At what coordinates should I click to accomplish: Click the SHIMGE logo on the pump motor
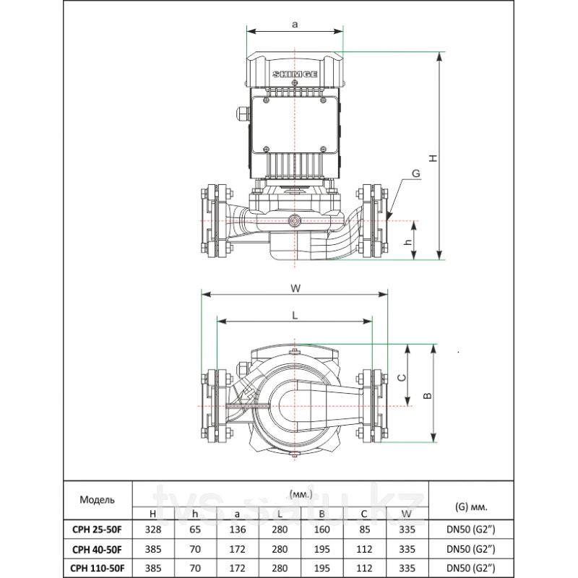295,74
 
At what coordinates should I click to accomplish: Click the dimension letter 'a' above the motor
295,25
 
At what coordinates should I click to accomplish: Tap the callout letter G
416,173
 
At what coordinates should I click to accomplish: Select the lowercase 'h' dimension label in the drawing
407,242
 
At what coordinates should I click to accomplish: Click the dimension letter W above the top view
296,288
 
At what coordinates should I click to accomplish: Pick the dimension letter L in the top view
295,316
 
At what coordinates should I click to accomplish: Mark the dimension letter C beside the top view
402,377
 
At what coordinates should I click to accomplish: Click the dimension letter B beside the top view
427,396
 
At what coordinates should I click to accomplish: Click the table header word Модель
98,500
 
